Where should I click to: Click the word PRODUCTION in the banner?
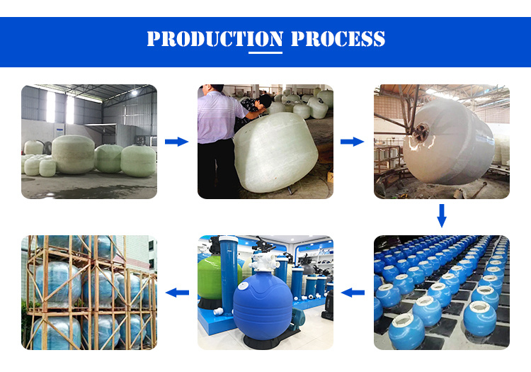click(215, 38)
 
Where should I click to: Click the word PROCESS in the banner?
click(338, 38)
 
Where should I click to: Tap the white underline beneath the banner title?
click(265, 52)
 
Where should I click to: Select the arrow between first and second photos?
click(176, 142)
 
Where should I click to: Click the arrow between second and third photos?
click(352, 142)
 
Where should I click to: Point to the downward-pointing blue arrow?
click(442, 215)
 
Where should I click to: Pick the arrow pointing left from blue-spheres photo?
click(353, 293)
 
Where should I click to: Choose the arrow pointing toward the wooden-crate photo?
click(177, 293)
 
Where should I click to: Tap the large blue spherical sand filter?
click(263, 306)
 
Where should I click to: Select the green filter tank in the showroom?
click(213, 278)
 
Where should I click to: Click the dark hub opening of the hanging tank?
click(421, 130)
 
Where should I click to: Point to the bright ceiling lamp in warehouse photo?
click(135, 92)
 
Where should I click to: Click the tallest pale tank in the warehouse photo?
click(74, 154)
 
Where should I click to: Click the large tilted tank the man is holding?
click(275, 152)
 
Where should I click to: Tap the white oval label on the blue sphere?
click(243, 286)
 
